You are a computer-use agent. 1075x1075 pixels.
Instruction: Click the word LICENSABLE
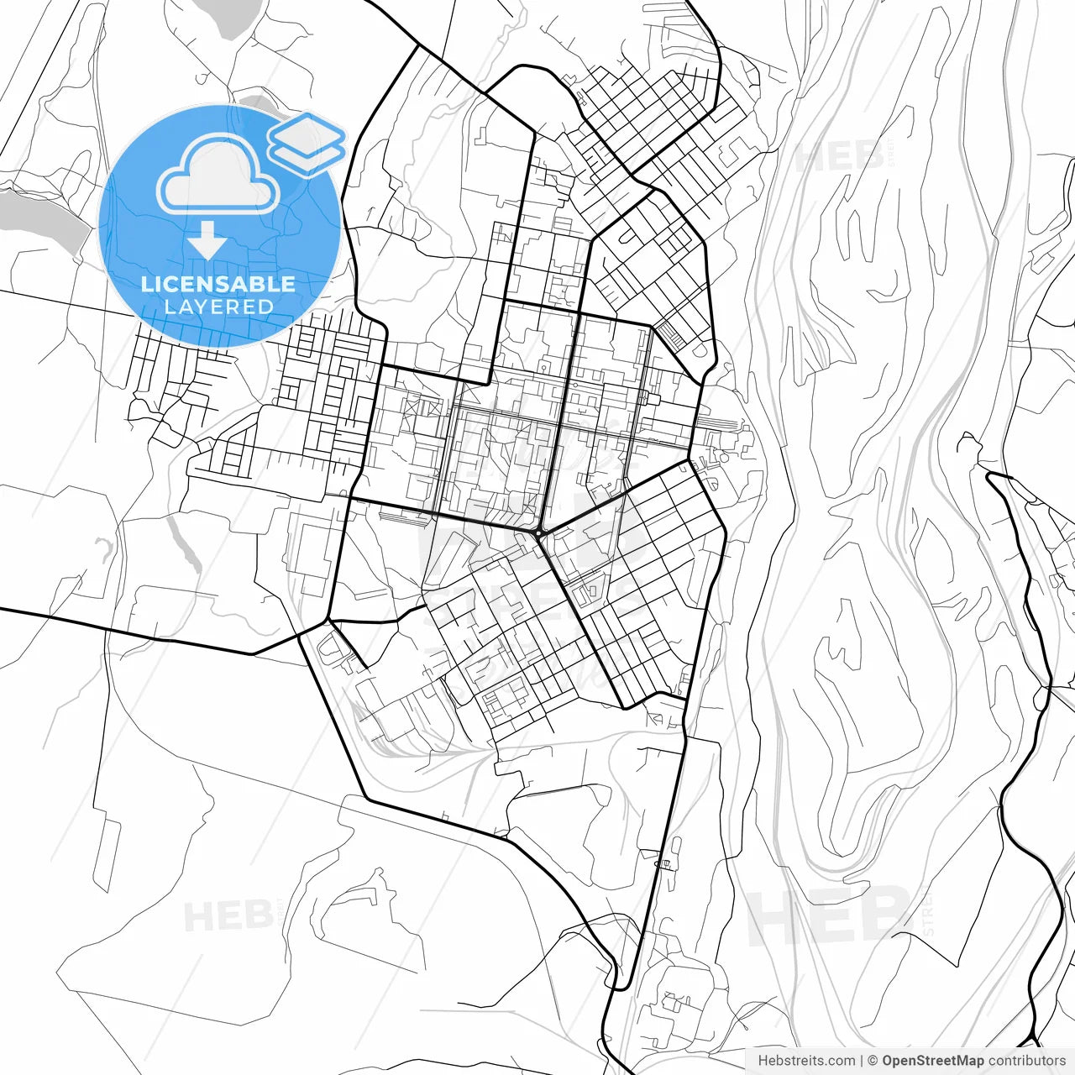tap(218, 284)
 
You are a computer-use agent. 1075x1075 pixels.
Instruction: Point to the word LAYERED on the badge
tap(218, 307)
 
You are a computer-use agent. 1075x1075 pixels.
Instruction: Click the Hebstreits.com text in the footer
tap(806, 1061)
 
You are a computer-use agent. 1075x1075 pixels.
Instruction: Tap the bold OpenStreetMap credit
tap(933, 1061)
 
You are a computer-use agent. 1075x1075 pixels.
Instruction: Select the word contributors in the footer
tap(1026, 1061)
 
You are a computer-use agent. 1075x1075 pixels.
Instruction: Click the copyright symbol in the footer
tap(873, 1061)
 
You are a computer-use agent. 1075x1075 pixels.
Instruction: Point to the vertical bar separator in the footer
tap(863, 1061)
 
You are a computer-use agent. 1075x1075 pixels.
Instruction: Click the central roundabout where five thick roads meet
tap(537, 532)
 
